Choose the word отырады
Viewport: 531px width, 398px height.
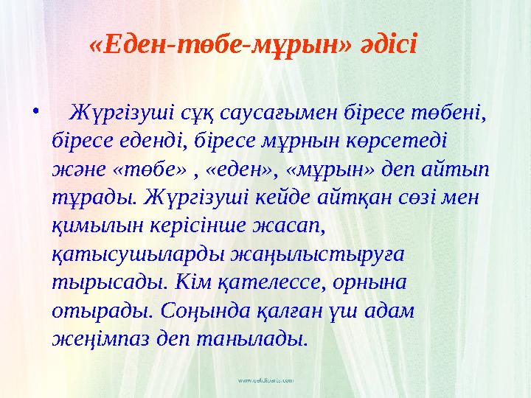point(97,310)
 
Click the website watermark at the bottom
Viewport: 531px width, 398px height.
point(265,380)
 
